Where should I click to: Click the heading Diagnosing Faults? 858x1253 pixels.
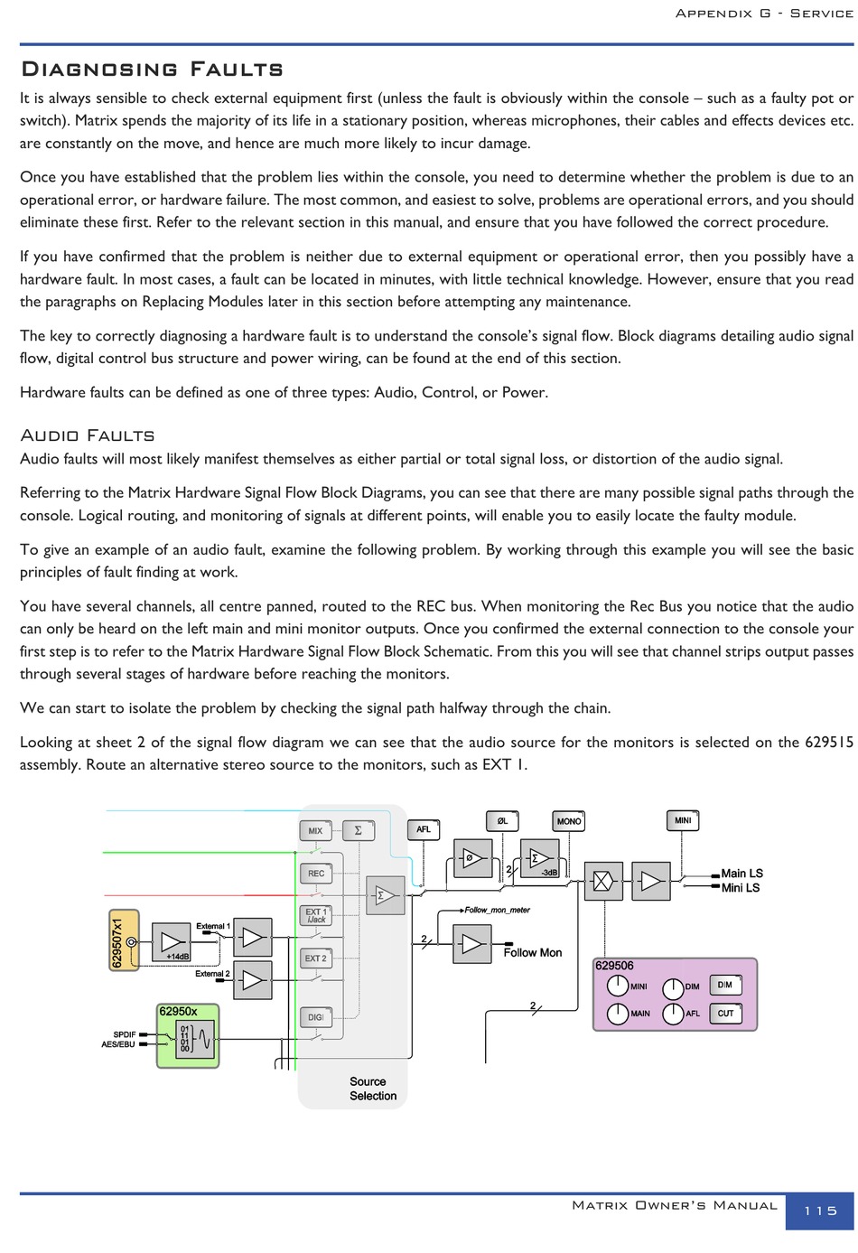[x=152, y=70]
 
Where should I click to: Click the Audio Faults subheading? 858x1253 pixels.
[x=88, y=435]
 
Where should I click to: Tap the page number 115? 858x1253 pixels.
[x=820, y=1211]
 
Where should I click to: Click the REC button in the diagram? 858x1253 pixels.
[x=315, y=874]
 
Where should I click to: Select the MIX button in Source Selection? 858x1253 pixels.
[x=315, y=830]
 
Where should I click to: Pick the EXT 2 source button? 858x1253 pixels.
[x=315, y=958]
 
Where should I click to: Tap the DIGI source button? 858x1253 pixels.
[x=315, y=1017]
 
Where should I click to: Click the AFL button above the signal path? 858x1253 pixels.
[x=424, y=829]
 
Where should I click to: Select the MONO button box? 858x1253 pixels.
[x=569, y=821]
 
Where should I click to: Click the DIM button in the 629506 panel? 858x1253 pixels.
[x=725, y=985]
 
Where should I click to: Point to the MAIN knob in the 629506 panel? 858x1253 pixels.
[x=618, y=1013]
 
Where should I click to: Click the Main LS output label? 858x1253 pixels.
[x=741, y=873]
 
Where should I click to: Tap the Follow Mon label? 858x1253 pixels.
[x=532, y=952]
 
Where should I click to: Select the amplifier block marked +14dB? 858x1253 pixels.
[x=171, y=942]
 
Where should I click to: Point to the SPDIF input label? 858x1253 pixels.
[x=125, y=1034]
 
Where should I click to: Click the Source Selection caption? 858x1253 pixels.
[x=373, y=1089]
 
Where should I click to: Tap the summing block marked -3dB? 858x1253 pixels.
[x=539, y=858]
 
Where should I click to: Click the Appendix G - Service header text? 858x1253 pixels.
[x=763, y=14]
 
